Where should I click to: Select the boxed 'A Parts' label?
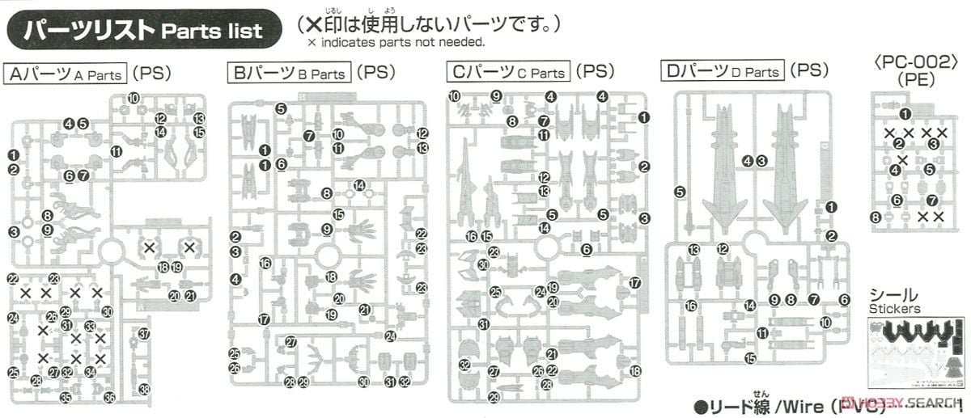pyautogui.click(x=66, y=74)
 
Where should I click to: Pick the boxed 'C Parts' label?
pyautogui.click(x=508, y=73)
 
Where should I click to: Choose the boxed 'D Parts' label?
pyautogui.click(x=722, y=72)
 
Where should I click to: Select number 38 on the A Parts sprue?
pyautogui.click(x=144, y=390)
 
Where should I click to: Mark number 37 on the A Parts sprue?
pyautogui.click(x=143, y=333)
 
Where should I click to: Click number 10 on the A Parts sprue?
pyautogui.click(x=134, y=99)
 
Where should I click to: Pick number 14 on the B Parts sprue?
pyautogui.click(x=359, y=185)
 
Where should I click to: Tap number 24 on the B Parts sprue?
pyautogui.click(x=391, y=336)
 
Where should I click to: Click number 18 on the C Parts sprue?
pyautogui.click(x=635, y=371)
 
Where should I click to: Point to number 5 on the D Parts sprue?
pyautogui.click(x=679, y=192)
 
